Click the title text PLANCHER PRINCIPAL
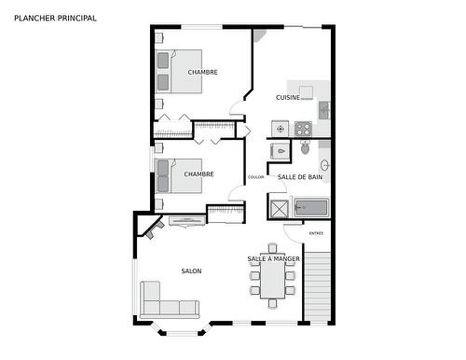[x=55, y=18]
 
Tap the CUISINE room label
[x=287, y=97]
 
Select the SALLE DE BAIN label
[x=300, y=176]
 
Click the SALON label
[x=191, y=271]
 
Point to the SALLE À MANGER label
[x=273, y=258]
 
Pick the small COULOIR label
[x=255, y=177]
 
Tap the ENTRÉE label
[x=316, y=233]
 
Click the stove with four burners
[x=303, y=128]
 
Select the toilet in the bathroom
[x=305, y=147]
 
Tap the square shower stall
[x=279, y=207]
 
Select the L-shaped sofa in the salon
[x=168, y=305]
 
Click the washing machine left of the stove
[x=280, y=128]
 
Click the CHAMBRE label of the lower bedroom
[x=199, y=173]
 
